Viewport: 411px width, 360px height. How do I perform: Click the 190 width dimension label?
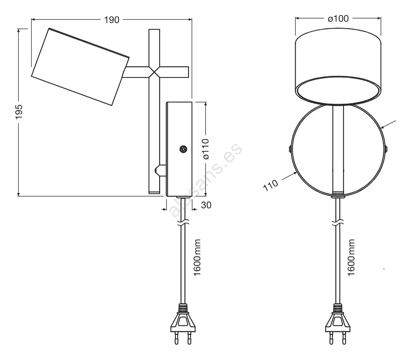coord(112,20)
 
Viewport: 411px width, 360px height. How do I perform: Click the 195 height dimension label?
coord(19,112)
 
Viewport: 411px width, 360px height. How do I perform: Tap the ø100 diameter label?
coord(338,19)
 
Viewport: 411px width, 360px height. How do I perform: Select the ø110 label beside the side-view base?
coord(206,149)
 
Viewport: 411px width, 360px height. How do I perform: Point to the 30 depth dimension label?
coord(206,205)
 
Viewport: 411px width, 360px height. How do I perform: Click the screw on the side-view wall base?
coord(183,149)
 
